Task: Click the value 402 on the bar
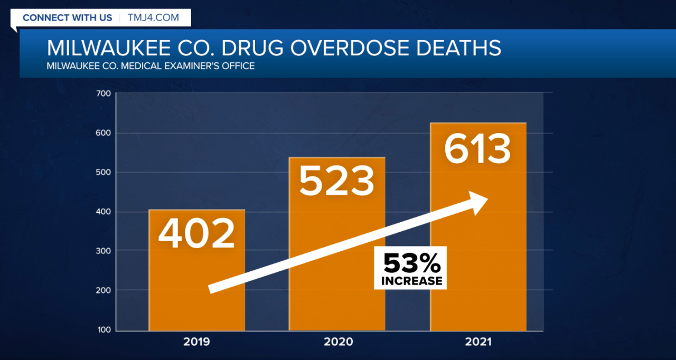196,233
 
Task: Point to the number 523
336,181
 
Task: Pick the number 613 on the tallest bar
477,149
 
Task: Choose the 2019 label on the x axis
196,342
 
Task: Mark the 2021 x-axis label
478,342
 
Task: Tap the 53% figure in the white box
410,262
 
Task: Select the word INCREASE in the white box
411,281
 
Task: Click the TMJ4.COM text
153,17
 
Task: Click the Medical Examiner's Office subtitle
151,67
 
